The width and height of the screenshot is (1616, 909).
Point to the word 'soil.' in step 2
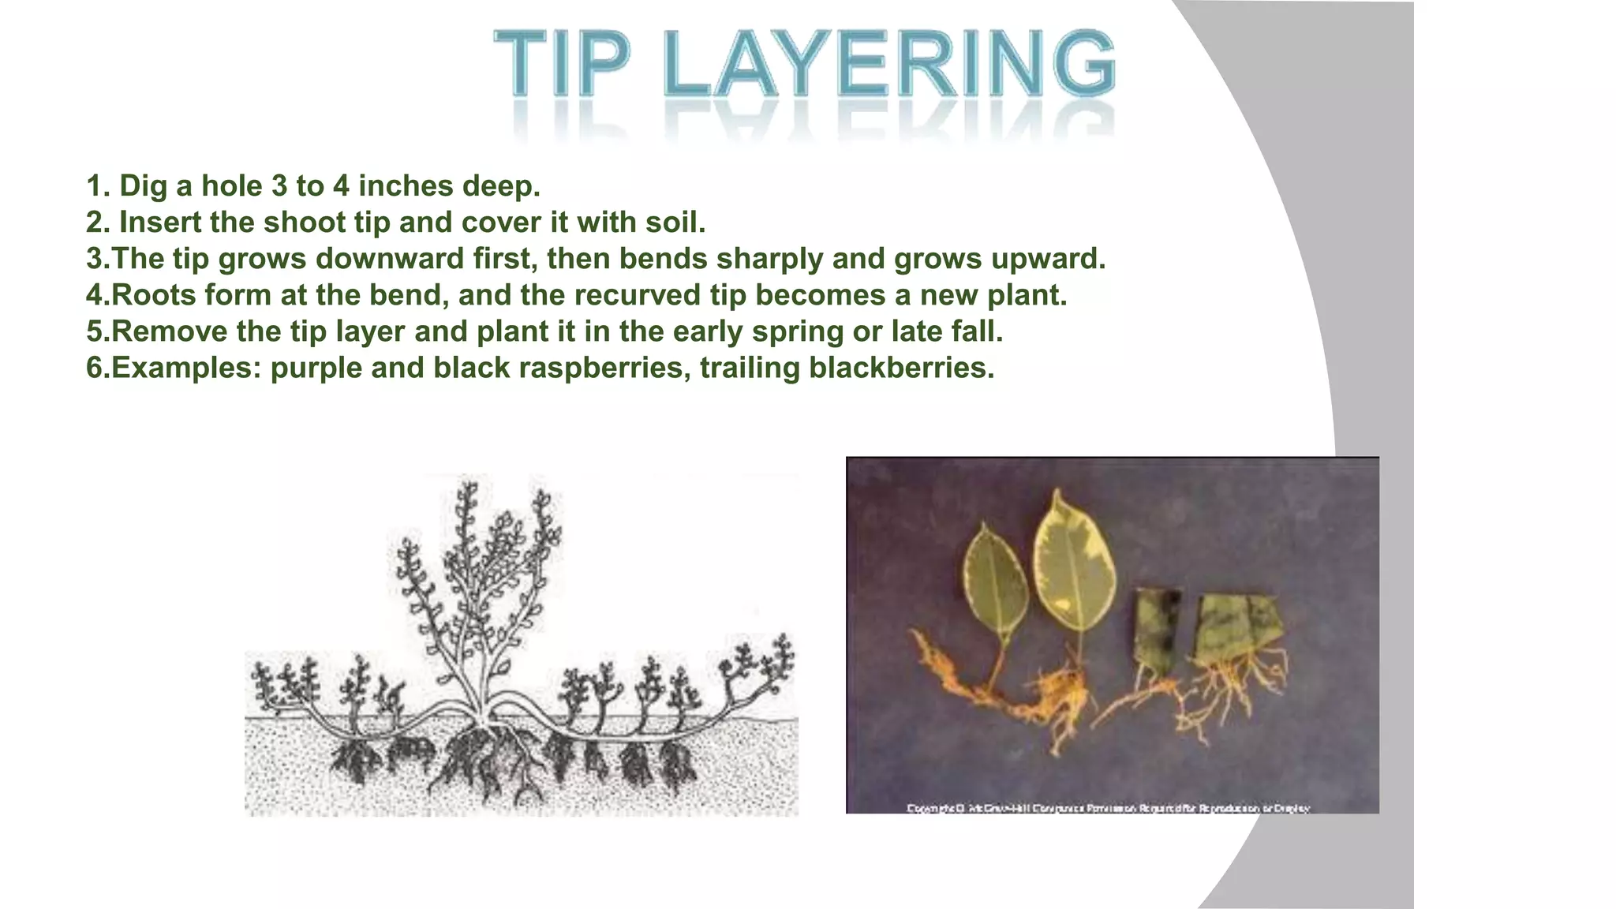tap(675, 223)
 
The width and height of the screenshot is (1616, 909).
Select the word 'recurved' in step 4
tap(638, 295)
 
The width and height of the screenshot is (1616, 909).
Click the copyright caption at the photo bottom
tap(1108, 808)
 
